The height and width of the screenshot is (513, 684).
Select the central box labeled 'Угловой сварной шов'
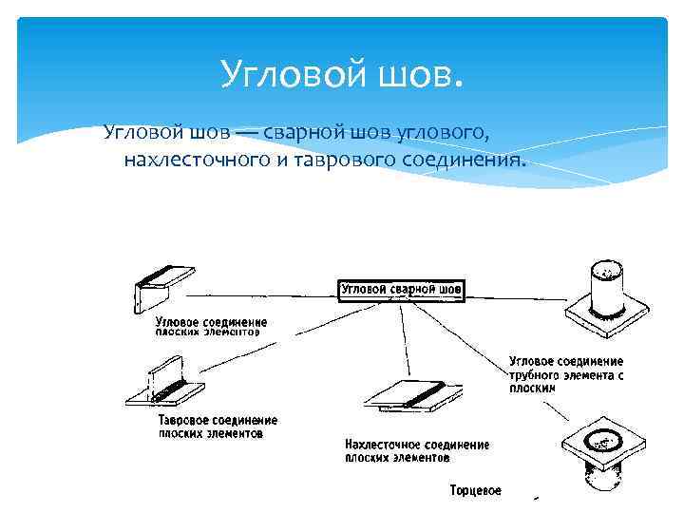click(401, 289)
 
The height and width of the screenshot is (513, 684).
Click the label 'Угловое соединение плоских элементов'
click(211, 328)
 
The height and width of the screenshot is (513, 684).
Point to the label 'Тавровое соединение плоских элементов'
click(218, 426)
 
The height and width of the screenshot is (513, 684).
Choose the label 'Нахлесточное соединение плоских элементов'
click(416, 450)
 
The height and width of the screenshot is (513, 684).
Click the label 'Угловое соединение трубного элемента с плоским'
click(565, 375)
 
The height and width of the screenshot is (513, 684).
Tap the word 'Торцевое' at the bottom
click(475, 491)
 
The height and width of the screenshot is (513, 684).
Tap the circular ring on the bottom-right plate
click(602, 439)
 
